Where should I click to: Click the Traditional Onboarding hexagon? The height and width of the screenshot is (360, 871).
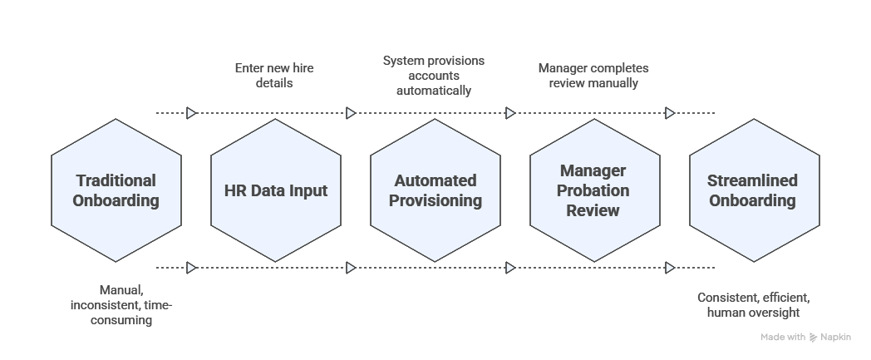click(116, 190)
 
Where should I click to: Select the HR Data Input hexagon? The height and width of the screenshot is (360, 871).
click(276, 190)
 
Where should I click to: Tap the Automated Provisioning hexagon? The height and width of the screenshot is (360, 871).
click(435, 190)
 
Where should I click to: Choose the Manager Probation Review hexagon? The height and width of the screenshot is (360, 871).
click(595, 190)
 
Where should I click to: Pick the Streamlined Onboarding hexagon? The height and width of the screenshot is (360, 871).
click(754, 190)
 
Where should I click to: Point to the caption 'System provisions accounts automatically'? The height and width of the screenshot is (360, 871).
click(434, 76)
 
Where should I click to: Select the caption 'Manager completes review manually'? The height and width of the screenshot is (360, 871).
click(593, 76)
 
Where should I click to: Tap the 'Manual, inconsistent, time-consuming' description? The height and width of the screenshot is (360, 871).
click(121, 305)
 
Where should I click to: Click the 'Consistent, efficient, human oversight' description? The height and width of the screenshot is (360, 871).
click(753, 305)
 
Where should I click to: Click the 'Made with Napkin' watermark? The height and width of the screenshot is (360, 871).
click(805, 338)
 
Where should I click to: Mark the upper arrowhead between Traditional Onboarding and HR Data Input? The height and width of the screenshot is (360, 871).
click(191, 113)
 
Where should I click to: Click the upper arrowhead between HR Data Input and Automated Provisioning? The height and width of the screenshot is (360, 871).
click(351, 113)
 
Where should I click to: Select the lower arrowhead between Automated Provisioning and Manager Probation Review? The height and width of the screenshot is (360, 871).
click(510, 268)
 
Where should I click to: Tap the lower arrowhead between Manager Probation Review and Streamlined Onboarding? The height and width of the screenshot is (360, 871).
click(670, 268)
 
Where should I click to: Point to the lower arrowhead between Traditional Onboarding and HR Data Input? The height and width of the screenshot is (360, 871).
click(191, 268)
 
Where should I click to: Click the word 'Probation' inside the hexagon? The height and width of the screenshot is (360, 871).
click(593, 190)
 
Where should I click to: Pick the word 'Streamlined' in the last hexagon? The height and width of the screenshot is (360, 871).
click(752, 181)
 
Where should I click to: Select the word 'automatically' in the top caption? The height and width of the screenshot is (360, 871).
click(434, 90)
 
